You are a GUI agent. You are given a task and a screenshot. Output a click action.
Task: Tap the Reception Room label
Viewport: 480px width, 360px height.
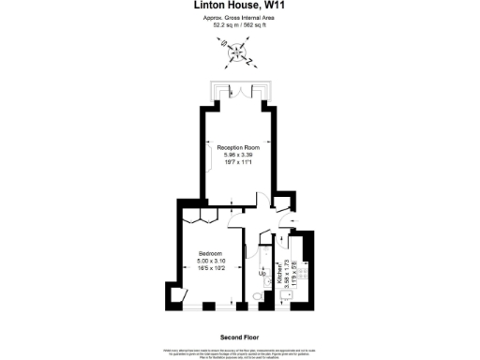(x=238, y=147)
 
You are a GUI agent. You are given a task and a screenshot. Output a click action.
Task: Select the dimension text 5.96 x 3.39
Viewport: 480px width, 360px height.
(x=238, y=155)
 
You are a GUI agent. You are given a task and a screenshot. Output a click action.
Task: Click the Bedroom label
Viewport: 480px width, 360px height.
(x=209, y=253)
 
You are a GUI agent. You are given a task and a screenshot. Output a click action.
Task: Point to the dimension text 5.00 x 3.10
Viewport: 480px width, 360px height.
(x=209, y=261)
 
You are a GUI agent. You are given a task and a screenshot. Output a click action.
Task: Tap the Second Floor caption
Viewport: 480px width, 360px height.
(x=239, y=336)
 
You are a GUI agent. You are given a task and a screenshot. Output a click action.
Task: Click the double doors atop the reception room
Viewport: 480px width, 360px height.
(x=239, y=90)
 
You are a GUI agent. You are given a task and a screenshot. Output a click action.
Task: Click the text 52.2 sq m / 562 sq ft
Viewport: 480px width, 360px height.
(x=239, y=24)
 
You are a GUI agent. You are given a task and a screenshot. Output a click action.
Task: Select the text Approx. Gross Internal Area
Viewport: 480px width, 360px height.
(x=239, y=18)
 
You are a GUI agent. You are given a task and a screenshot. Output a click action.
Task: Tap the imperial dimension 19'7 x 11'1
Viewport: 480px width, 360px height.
(x=238, y=162)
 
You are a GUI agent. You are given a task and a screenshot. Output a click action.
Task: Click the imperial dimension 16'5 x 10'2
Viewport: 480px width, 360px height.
(x=209, y=268)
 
